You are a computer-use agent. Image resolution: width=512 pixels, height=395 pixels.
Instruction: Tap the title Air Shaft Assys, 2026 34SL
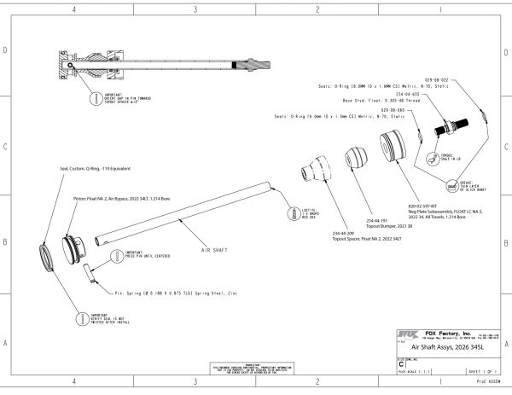(444, 349)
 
